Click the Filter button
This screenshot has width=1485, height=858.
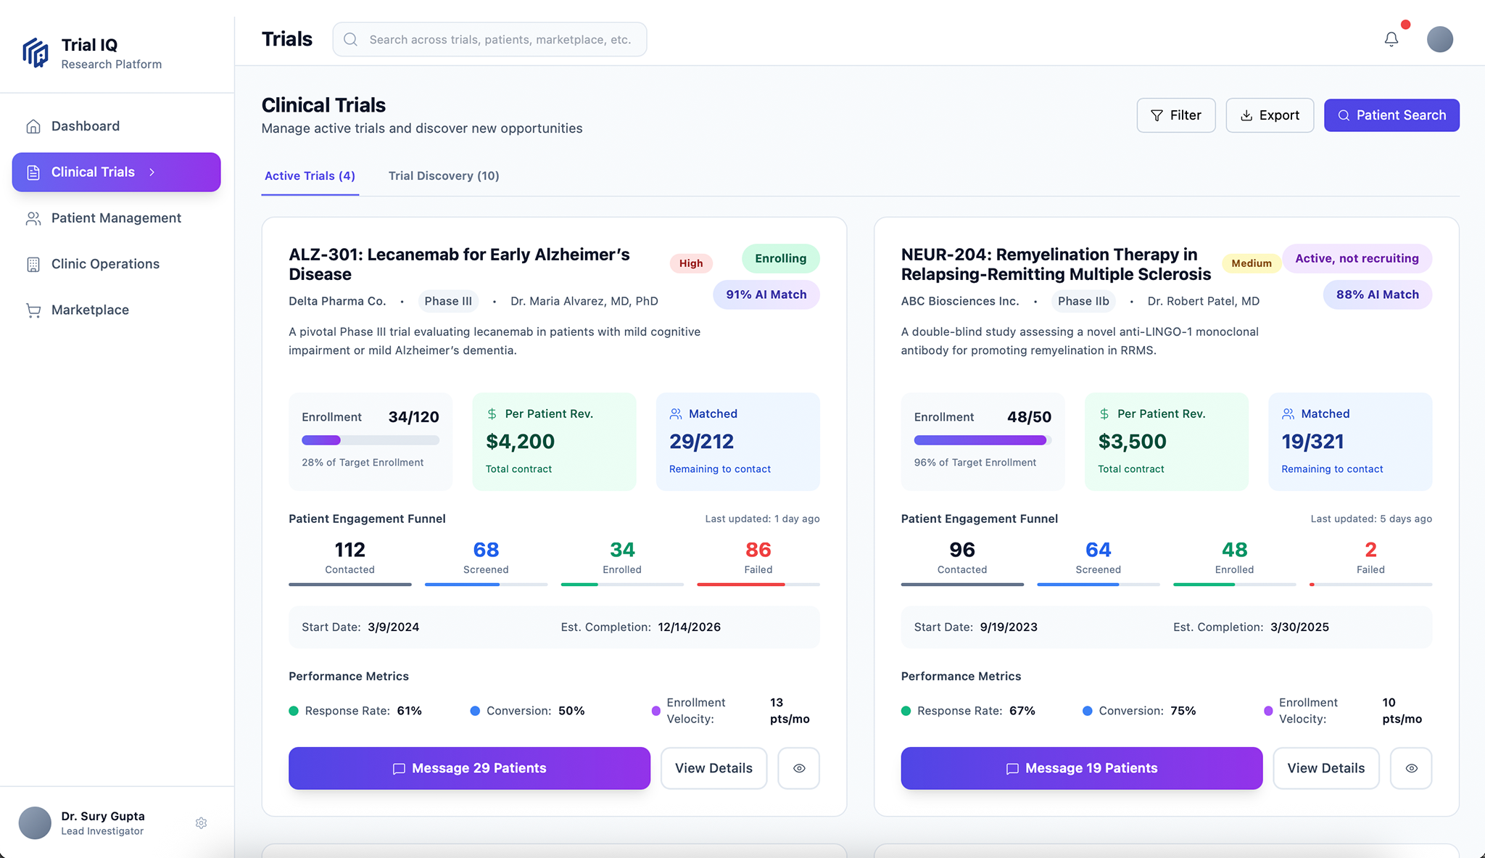pos(1175,115)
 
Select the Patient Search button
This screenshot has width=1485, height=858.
pos(1391,115)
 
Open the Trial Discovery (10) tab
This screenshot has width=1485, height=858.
pos(444,176)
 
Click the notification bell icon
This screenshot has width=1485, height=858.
pos(1391,39)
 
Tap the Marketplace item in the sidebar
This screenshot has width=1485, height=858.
pos(90,310)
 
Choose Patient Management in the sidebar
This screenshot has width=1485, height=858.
pos(116,218)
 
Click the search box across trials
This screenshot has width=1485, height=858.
pos(490,39)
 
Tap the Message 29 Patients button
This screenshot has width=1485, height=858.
pos(469,768)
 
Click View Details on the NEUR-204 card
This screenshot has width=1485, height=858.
pos(1325,768)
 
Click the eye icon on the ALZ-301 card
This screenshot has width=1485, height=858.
pos(798,768)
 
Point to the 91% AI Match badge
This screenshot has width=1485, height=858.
pos(766,294)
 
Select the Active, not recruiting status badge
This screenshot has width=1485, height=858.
pos(1357,258)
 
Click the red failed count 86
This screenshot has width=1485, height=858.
pos(758,550)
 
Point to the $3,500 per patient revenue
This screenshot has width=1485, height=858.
pos(1132,441)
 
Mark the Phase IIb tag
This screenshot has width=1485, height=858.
pos(1083,301)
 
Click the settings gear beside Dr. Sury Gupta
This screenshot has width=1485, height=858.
pos(202,823)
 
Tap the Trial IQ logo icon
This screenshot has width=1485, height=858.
pos(36,53)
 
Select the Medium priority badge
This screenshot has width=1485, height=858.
pos(1251,263)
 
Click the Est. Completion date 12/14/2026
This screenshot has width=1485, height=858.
pos(689,627)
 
